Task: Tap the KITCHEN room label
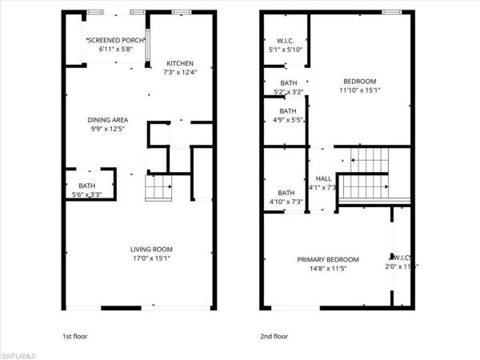179,64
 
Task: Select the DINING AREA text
107,121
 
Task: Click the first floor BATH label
80,185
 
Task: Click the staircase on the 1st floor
158,189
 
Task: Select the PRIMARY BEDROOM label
328,259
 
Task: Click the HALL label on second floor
323,178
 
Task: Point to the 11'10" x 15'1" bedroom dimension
360,90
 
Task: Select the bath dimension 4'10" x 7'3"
286,202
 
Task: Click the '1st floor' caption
76,336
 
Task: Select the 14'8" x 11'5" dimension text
328,269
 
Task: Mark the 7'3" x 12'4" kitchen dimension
179,74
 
